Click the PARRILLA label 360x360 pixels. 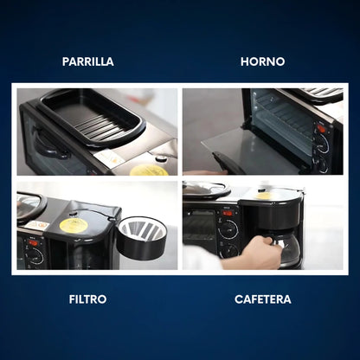pos(88,61)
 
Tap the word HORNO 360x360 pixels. pos(262,61)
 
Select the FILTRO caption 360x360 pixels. pos(87,299)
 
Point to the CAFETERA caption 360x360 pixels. pos(262,299)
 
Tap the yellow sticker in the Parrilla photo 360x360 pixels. pos(149,170)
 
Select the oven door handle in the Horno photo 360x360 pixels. pos(227,162)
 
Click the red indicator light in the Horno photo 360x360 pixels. pos(320,128)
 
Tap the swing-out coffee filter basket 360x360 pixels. pos(142,237)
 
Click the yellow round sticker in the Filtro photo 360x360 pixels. pos(73,225)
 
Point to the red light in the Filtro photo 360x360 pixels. pos(33,242)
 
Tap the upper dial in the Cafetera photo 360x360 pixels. pos(228,229)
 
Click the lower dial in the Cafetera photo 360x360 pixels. pos(229,251)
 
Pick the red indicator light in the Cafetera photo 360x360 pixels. pos(228,213)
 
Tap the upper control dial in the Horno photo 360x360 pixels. pos(322,143)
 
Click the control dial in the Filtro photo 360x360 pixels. pos(34,256)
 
